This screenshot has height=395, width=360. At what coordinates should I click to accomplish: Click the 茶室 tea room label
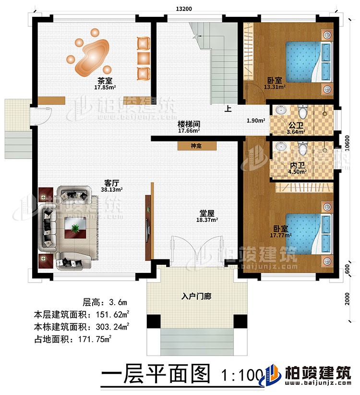coord(103,81)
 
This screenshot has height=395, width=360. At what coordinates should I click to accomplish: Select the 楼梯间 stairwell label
coord(189,123)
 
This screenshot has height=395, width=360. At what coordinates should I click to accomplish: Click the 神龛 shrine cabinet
coord(196,145)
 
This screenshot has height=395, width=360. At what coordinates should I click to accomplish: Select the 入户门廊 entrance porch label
coord(196,296)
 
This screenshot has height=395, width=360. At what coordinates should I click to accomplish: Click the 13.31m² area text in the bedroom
coord(275,87)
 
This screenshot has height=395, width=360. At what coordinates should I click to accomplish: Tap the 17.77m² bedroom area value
coord(281,235)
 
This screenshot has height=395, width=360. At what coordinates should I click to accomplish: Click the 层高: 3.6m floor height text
coord(105,302)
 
